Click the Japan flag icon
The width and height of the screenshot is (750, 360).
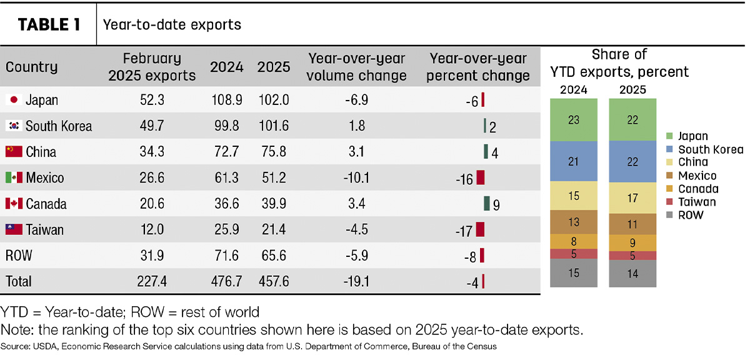point(14,100)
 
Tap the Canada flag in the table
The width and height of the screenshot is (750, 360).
point(14,203)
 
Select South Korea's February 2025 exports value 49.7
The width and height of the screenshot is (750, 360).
point(152,126)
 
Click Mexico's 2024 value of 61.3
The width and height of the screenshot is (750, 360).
point(227,177)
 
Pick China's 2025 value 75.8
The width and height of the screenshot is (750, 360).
point(274,152)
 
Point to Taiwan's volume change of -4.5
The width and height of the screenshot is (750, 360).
point(357,229)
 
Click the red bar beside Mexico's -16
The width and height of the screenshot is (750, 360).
point(481,177)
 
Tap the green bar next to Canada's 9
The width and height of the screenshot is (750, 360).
point(487,203)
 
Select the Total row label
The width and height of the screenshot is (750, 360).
point(18,281)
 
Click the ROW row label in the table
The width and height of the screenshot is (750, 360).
point(19,256)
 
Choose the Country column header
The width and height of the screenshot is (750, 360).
point(31,67)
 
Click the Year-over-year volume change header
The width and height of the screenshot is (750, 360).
point(357,67)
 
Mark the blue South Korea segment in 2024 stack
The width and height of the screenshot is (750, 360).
point(574,161)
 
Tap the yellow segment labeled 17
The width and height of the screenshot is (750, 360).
point(632,198)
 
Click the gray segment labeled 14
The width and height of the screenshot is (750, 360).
point(632,274)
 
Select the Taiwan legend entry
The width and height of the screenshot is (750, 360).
point(691,202)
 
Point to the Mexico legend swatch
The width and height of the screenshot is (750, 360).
point(669,176)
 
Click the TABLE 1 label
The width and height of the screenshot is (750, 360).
point(49,25)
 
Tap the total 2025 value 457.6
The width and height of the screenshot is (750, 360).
point(274,281)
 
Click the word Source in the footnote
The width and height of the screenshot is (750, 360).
point(15,346)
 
